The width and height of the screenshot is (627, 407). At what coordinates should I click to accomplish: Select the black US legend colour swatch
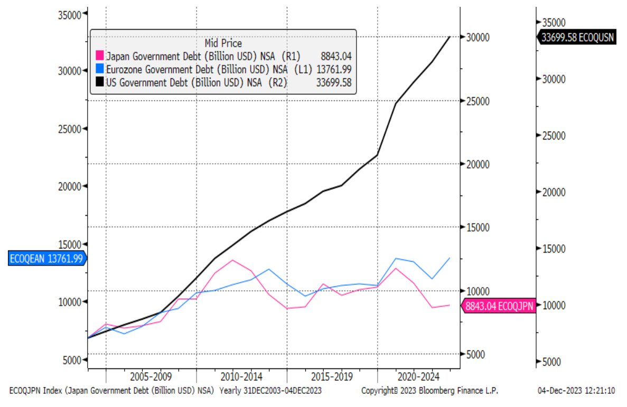coord(99,82)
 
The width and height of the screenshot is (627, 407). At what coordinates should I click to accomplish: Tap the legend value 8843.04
coord(336,56)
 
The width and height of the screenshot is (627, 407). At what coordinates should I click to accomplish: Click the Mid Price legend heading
coord(223,43)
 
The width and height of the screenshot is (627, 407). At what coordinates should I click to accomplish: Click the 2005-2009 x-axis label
coord(151,377)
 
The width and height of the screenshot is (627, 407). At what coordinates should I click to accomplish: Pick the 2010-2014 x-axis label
coord(242,377)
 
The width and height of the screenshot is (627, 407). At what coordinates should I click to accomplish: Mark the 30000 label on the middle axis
coord(478,37)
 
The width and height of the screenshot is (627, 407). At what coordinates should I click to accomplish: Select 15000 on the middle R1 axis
coord(478,227)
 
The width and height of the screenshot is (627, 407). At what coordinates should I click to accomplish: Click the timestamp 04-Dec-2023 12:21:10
coord(576,391)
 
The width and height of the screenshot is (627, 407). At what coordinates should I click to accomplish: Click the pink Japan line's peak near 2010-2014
coord(232,260)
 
